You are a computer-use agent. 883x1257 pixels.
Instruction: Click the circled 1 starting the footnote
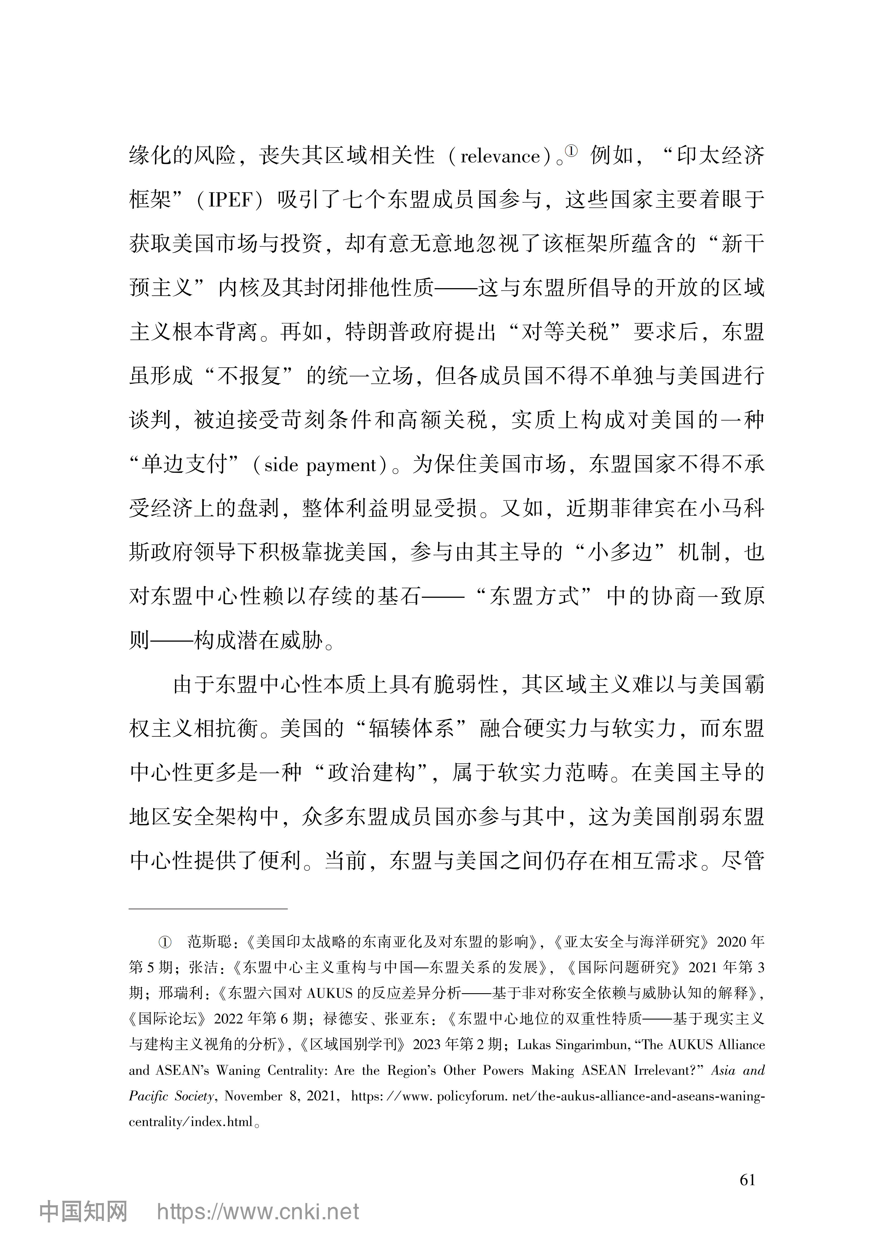[165, 942]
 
